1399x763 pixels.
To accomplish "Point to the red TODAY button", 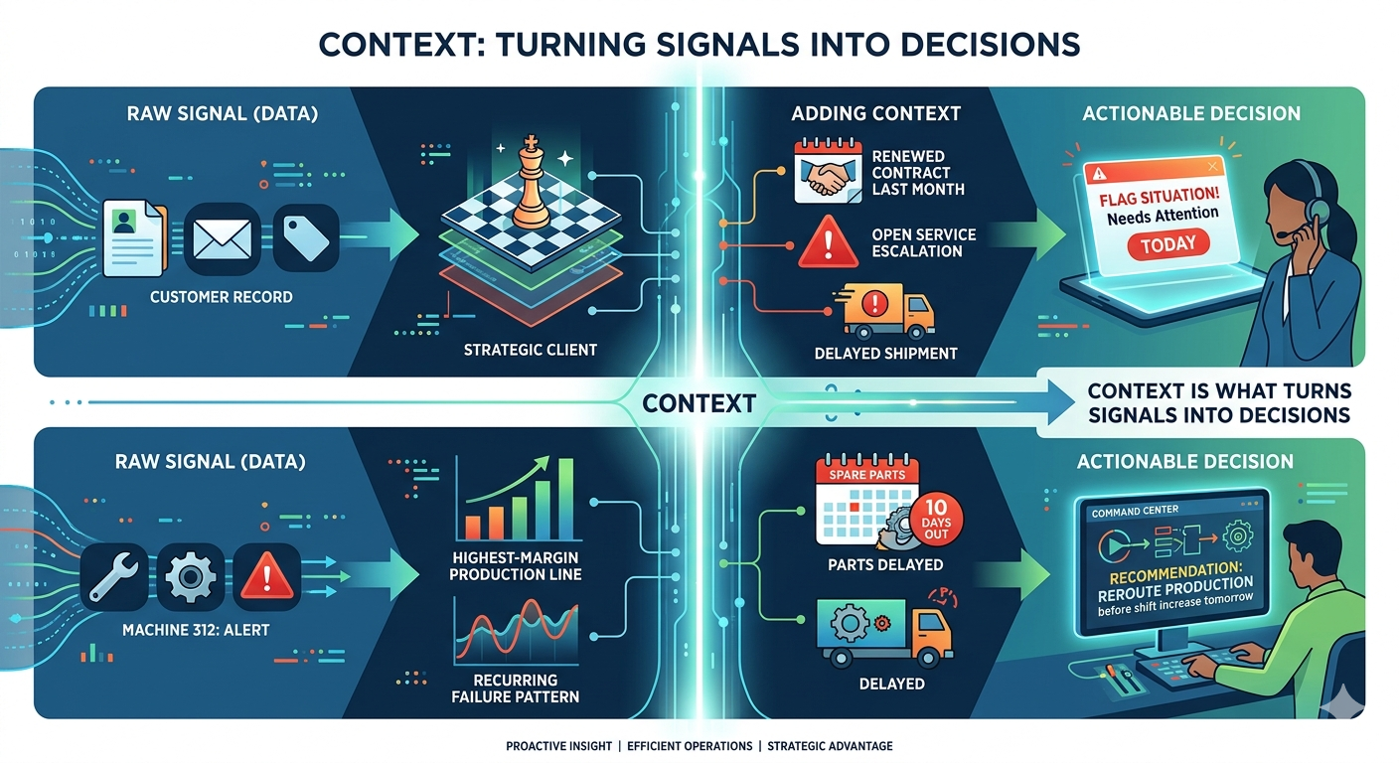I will pyautogui.click(x=1168, y=243).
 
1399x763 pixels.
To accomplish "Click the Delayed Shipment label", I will pyautogui.click(x=884, y=353).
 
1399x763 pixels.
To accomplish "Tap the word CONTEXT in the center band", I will pyautogui.click(x=699, y=403).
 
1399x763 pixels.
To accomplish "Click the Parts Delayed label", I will pyautogui.click(x=884, y=565).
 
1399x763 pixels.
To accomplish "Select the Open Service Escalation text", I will pyautogui.click(x=923, y=242).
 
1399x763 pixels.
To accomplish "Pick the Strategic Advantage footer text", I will pyautogui.click(x=829, y=745).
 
